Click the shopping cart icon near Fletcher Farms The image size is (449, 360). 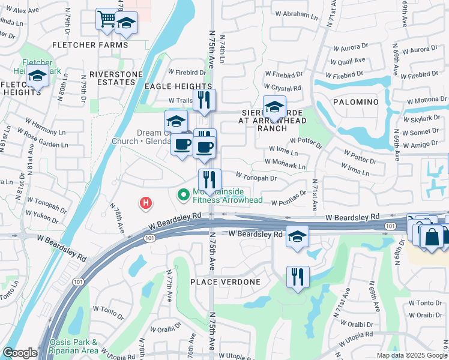pos(106,19)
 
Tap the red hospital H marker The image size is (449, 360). pos(145,203)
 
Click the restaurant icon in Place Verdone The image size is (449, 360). pos(297,277)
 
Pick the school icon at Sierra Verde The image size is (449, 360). pos(274,107)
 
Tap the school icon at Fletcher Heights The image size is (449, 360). pos(37,77)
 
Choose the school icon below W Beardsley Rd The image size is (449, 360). pos(297,236)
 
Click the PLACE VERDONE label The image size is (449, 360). pos(225,282)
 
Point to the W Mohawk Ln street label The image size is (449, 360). pos(286,163)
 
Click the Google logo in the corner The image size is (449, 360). pos(20,353)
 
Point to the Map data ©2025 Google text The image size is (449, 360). pos(411,355)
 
